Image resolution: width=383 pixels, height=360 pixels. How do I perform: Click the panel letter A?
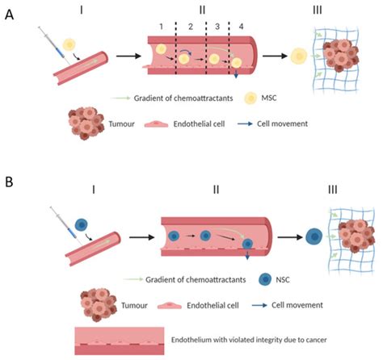pyautogui.click(x=9, y=15)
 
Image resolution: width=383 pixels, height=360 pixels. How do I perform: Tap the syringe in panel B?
pyautogui.click(x=50, y=216)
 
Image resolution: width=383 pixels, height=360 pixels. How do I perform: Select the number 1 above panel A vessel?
pyautogui.click(x=161, y=27)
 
